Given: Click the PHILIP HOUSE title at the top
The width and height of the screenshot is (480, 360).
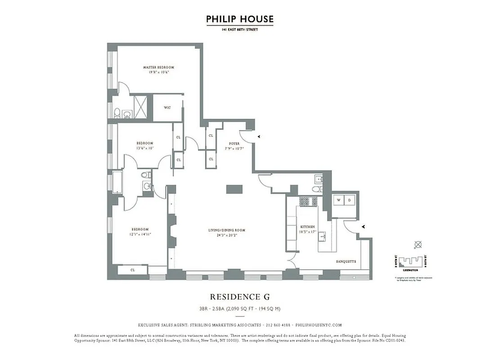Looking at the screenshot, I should point(240,19).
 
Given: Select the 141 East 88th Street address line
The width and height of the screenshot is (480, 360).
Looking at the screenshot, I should point(240,30).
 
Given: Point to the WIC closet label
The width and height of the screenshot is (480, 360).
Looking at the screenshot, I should point(167,108).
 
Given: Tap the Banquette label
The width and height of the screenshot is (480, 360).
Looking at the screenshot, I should point(346,261).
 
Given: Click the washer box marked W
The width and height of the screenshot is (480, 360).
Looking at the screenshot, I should point(339,199).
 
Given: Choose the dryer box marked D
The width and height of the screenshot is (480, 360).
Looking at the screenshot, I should point(350,199).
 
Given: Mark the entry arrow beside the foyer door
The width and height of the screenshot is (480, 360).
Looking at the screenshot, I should point(258,135).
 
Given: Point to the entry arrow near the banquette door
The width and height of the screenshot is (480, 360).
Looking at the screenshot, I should point(363,227).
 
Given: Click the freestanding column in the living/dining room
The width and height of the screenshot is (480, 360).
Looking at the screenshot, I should point(234,189).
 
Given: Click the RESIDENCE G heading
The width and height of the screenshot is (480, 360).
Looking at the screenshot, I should point(240,297).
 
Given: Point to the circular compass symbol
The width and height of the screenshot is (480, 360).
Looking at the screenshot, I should point(418,244).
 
